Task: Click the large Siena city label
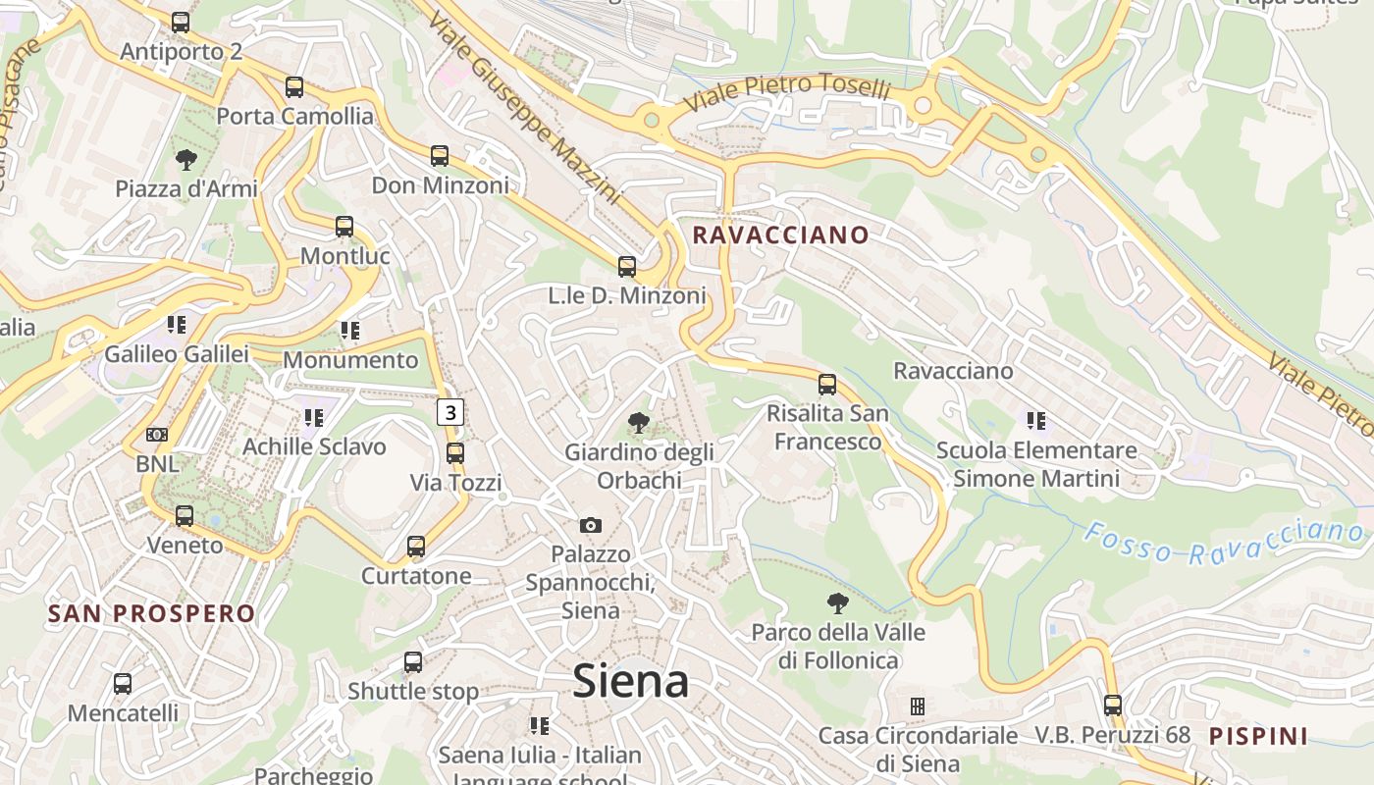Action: click(x=630, y=681)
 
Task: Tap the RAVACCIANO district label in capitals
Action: click(x=780, y=235)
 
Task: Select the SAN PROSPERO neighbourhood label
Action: click(x=152, y=614)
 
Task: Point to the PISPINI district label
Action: click(x=1258, y=736)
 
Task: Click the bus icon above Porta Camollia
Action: click(x=294, y=87)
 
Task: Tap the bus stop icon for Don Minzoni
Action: click(x=440, y=156)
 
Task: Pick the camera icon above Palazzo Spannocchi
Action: click(x=591, y=526)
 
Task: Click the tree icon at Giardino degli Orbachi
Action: click(x=639, y=424)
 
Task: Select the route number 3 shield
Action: click(x=450, y=413)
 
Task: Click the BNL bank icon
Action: click(x=157, y=435)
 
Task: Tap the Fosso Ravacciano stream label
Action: click(x=1224, y=543)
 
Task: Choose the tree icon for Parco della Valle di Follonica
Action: click(x=837, y=603)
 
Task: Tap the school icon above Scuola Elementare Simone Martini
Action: click(x=1036, y=421)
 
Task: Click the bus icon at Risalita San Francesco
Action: click(x=827, y=384)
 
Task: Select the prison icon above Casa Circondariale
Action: click(x=918, y=706)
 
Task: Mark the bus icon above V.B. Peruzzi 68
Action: click(x=1112, y=705)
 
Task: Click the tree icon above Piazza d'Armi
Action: click(x=185, y=160)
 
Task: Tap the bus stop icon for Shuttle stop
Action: click(x=413, y=662)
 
